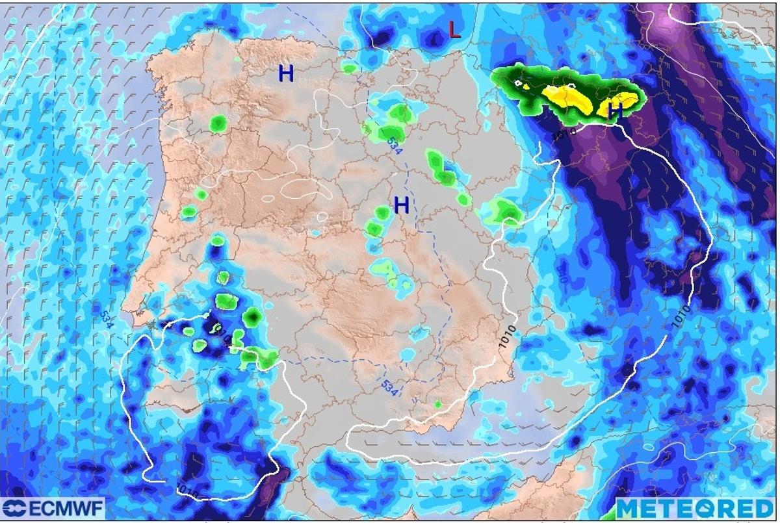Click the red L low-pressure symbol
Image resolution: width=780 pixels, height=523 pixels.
tap(455, 29)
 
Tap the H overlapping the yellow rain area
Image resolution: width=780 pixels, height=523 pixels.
tap(615, 112)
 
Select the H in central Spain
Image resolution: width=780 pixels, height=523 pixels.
tap(402, 206)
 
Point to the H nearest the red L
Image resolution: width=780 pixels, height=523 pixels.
tap(286, 74)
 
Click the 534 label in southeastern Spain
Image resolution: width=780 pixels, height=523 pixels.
tap(389, 388)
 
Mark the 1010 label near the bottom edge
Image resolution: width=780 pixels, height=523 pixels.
tap(185, 487)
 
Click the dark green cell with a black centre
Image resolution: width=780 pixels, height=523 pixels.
tap(253, 316)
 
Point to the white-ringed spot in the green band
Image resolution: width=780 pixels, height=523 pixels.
tap(519, 84)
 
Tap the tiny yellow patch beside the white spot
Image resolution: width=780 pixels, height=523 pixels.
tap(526, 85)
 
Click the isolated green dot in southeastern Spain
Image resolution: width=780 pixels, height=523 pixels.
tap(438, 405)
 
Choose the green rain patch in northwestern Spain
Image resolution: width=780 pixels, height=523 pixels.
tap(218, 123)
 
